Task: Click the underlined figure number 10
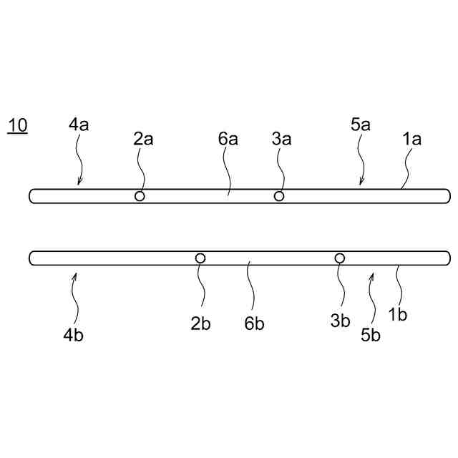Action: tap(17, 126)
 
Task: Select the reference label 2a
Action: tap(143, 139)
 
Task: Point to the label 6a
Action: tap(228, 139)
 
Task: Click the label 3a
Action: tap(281, 139)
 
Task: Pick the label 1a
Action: tap(411, 139)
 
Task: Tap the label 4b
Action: tap(74, 333)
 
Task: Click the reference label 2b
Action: tap(200, 322)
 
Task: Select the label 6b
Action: tap(254, 323)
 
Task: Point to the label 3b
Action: tap(340, 321)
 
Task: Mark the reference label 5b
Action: tap(370, 333)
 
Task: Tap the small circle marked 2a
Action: tap(140, 196)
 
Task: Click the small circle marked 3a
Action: tap(279, 196)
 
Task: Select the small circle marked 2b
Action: tap(200, 258)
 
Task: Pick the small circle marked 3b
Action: tap(340, 258)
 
